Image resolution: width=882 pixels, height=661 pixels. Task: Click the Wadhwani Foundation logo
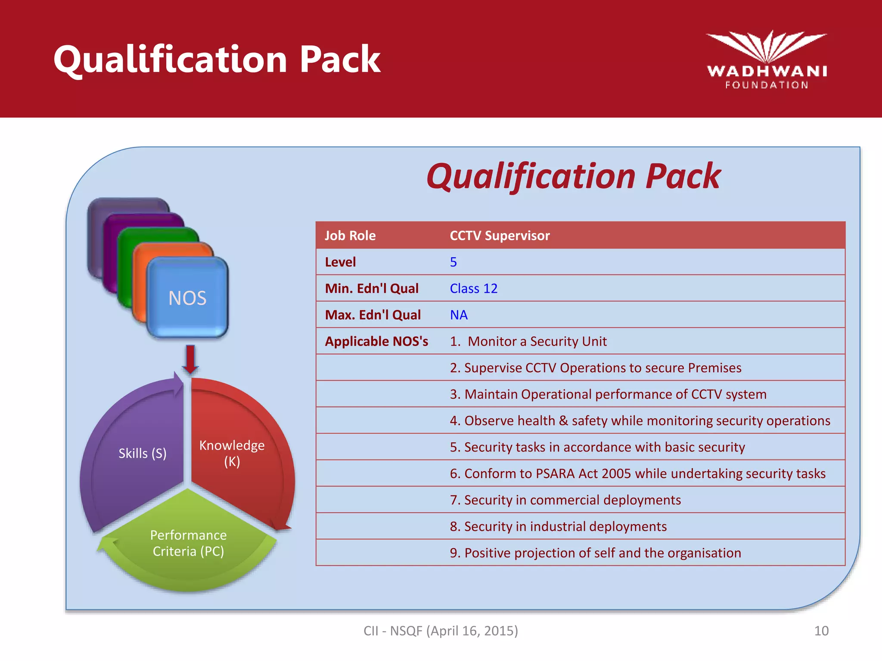(767, 60)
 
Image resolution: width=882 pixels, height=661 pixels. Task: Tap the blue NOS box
(187, 297)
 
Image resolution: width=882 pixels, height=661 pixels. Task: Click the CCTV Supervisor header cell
(500, 235)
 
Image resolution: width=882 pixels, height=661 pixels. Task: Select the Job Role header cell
(350, 235)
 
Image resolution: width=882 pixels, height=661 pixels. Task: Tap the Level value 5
(453, 262)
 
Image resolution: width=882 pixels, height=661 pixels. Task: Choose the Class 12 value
(473, 288)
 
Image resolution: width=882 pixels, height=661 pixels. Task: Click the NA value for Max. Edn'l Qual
(459, 315)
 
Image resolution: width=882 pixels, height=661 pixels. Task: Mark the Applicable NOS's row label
(376, 341)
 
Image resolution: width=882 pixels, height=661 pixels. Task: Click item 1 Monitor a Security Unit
(528, 341)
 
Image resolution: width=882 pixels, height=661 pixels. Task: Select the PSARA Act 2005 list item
(637, 473)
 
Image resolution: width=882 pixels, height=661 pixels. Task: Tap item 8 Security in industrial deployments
(558, 526)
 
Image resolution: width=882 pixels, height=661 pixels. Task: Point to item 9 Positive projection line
(595, 553)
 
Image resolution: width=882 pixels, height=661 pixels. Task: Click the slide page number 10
(821, 631)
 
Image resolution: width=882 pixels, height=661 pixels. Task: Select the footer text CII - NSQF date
(441, 631)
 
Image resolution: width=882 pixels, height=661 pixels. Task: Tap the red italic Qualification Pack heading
(573, 176)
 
